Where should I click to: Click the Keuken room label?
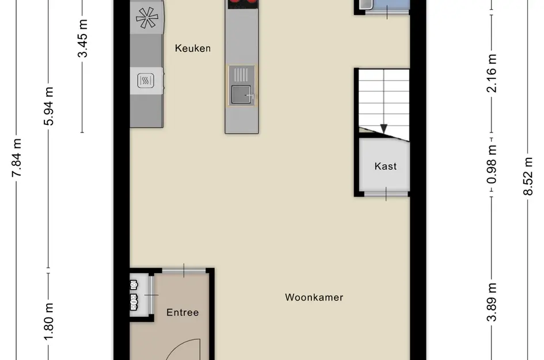click(192, 48)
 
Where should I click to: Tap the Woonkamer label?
click(314, 298)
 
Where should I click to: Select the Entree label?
click(182, 312)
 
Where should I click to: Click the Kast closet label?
click(386, 166)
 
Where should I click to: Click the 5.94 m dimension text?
click(48, 106)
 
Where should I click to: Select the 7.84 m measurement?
click(16, 158)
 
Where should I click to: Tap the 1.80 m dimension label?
click(48, 321)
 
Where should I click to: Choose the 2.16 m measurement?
click(492, 73)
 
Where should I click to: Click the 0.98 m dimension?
click(492, 164)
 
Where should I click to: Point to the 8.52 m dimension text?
click(528, 176)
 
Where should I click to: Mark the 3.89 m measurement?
click(492, 302)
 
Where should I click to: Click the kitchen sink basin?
click(241, 94)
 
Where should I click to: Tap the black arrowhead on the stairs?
click(384, 129)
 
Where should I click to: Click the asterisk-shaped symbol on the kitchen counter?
click(147, 17)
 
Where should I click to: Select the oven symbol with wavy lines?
click(146, 81)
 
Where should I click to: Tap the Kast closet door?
click(386, 194)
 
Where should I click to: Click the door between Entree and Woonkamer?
click(184, 270)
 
